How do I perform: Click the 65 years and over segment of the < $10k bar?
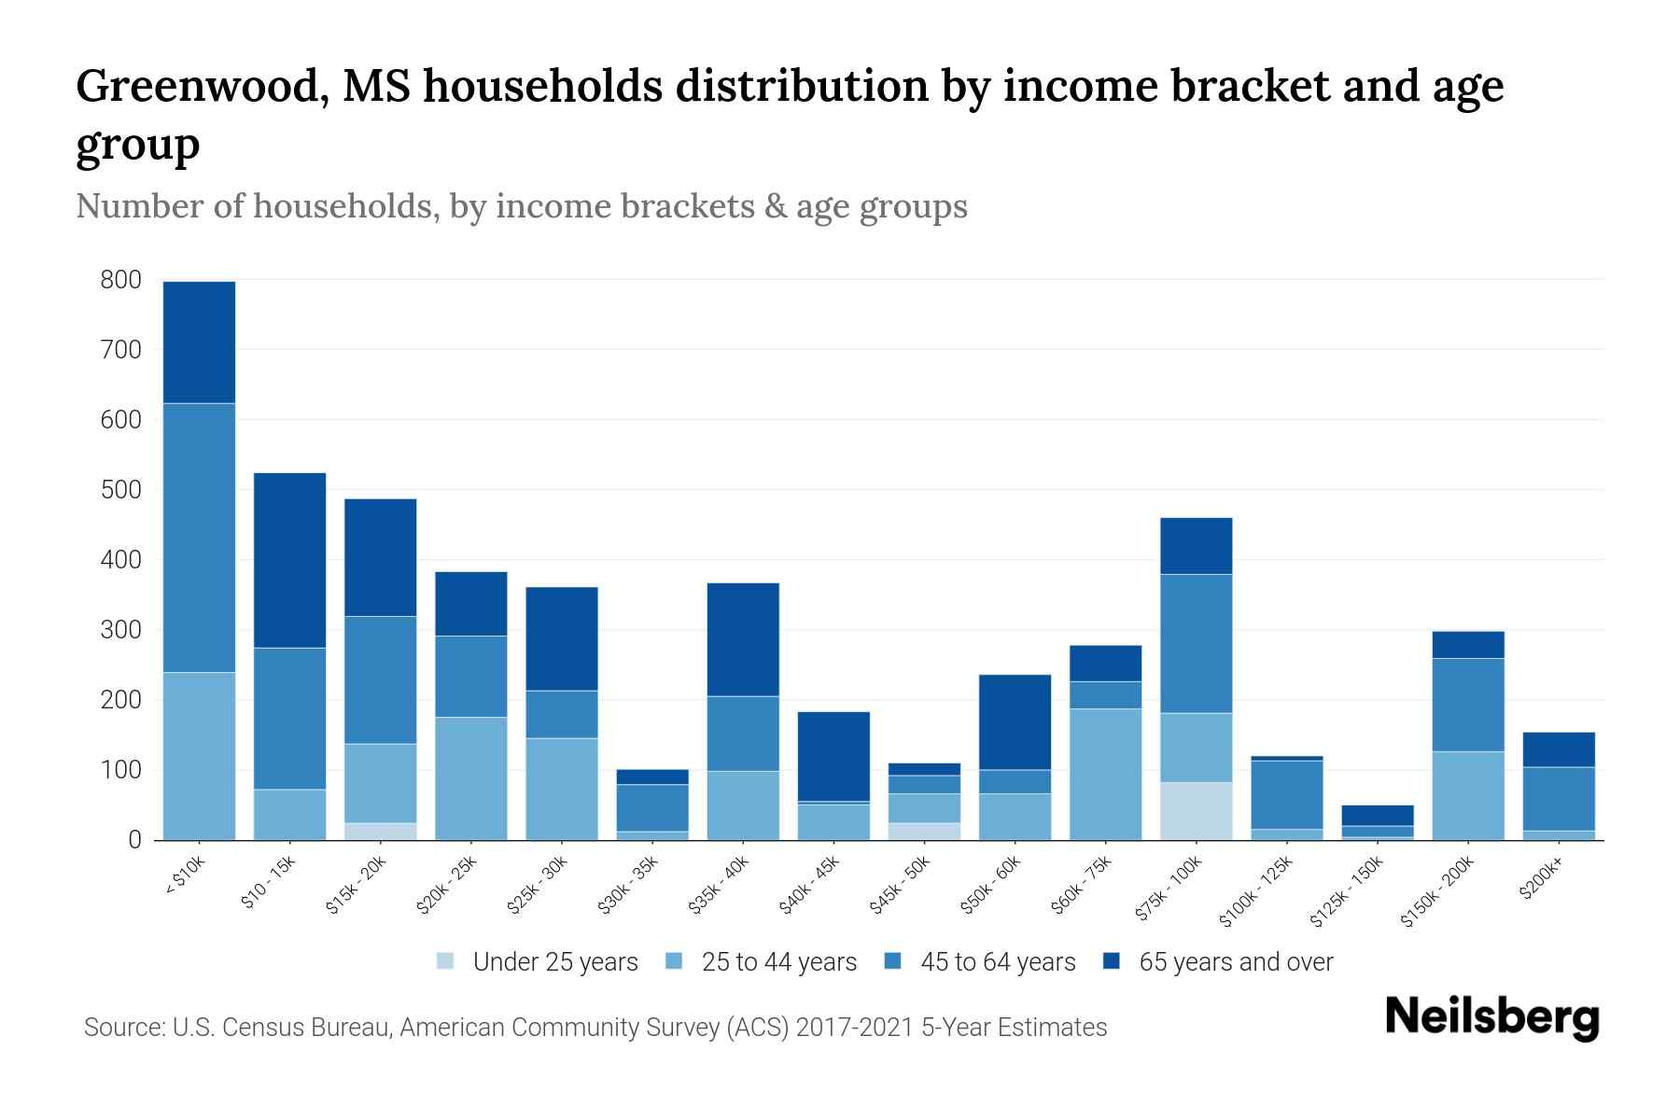[199, 342]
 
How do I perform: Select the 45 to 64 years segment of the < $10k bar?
[199, 538]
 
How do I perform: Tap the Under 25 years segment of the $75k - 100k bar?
[1196, 810]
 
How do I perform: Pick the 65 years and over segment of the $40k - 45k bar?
[833, 756]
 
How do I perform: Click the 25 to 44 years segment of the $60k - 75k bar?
[1105, 774]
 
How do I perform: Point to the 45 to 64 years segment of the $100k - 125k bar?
[1286, 794]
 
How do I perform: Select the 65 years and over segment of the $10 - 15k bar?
[289, 560]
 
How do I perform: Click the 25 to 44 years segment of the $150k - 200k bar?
[1467, 795]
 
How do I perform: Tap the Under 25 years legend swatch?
[446, 961]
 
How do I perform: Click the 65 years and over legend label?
[1235, 962]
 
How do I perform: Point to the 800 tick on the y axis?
[121, 280]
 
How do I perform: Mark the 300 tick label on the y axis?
[121, 630]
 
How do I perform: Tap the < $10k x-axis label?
[186, 876]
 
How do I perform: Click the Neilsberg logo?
[1491, 1017]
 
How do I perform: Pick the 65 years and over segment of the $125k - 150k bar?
[1377, 815]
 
